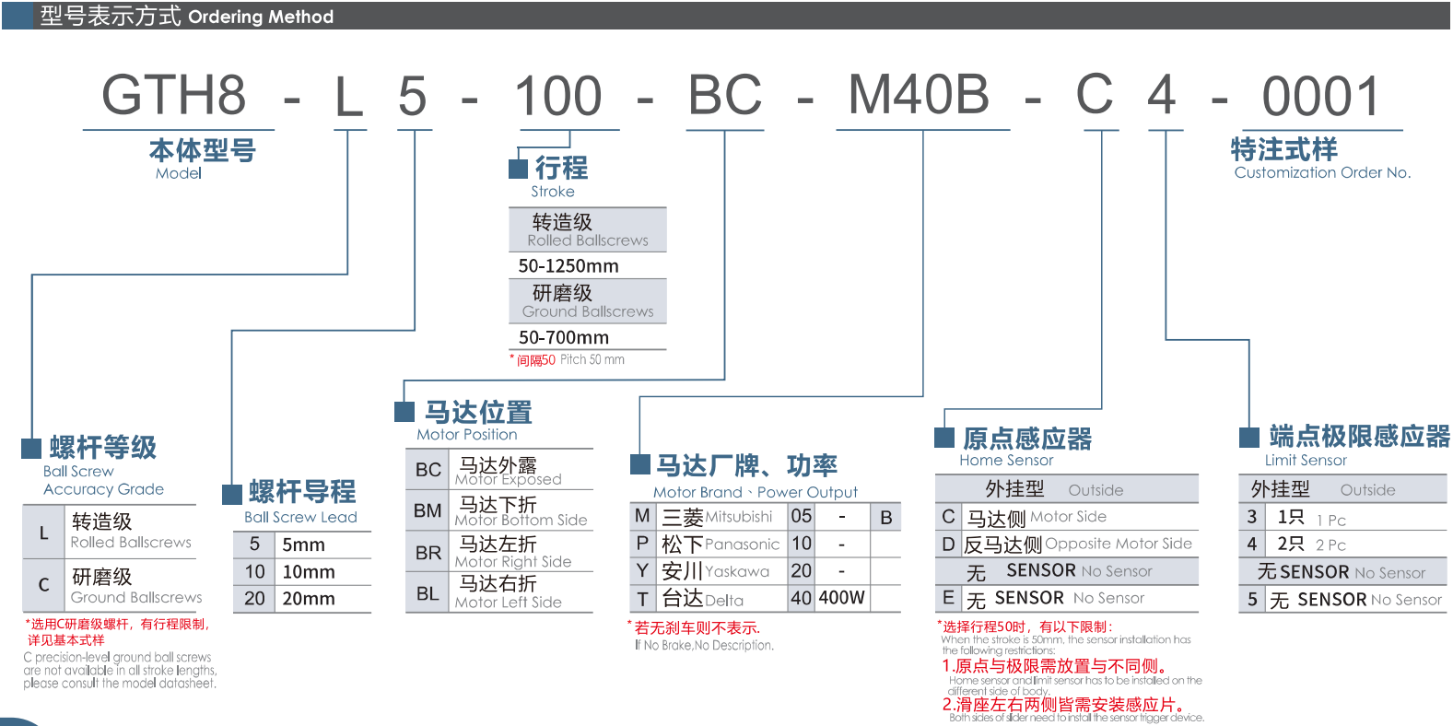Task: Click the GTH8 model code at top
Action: (174, 96)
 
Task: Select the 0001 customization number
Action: (1320, 97)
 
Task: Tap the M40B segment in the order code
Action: (919, 95)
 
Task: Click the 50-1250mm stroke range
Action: (568, 266)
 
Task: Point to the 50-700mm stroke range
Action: (564, 338)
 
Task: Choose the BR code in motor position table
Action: (428, 553)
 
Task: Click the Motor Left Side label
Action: (508, 603)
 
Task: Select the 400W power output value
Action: (842, 598)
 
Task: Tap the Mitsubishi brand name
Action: (739, 517)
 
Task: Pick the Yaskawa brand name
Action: (737, 571)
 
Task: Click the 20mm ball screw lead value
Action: (309, 599)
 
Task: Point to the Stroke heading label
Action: (553, 192)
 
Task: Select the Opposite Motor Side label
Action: (1119, 544)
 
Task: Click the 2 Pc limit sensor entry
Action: (1330, 544)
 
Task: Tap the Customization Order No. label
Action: (1322, 172)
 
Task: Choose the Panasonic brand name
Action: (742, 544)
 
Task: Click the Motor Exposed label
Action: (508, 479)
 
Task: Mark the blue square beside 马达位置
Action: (404, 412)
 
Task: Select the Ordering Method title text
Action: (261, 17)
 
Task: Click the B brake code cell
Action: (885, 518)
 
